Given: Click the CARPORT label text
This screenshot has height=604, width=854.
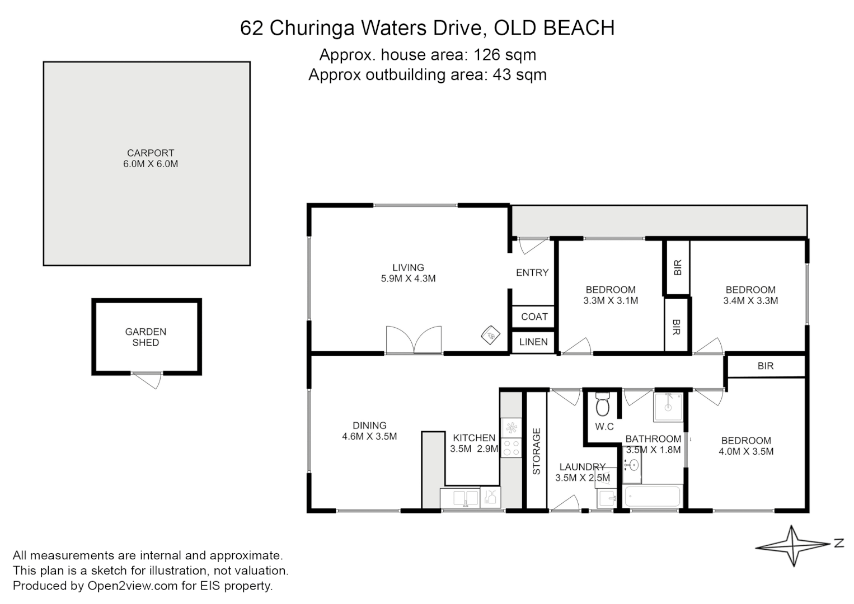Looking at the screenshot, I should click(x=150, y=153).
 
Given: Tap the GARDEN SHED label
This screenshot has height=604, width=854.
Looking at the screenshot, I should click(x=146, y=337).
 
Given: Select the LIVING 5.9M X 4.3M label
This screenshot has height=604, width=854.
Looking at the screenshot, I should click(x=408, y=273).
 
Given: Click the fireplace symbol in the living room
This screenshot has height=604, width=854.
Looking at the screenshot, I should click(x=490, y=335).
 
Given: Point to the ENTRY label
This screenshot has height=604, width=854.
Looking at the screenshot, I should click(x=532, y=272).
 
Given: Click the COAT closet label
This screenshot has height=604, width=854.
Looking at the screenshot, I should click(x=534, y=317).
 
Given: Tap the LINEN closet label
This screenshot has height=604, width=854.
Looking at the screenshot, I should click(x=533, y=342).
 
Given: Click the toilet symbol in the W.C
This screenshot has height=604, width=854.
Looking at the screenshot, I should click(x=602, y=405).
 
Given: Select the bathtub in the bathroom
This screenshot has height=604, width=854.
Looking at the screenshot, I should click(x=652, y=496).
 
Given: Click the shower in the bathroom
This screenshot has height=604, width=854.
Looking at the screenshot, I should click(x=668, y=407).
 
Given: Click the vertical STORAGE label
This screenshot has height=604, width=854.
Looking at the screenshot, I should click(x=536, y=451).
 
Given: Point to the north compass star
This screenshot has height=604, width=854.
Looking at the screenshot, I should click(x=794, y=545).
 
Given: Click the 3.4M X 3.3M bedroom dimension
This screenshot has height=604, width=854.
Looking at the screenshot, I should click(x=750, y=301).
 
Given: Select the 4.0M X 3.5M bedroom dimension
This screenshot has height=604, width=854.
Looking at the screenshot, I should click(x=746, y=451).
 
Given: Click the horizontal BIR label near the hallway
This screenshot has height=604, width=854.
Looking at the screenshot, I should click(x=765, y=366).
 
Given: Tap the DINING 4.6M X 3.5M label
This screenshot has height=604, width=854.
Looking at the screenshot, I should click(x=369, y=431).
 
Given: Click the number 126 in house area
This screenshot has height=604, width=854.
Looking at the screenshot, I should click(x=486, y=55).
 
